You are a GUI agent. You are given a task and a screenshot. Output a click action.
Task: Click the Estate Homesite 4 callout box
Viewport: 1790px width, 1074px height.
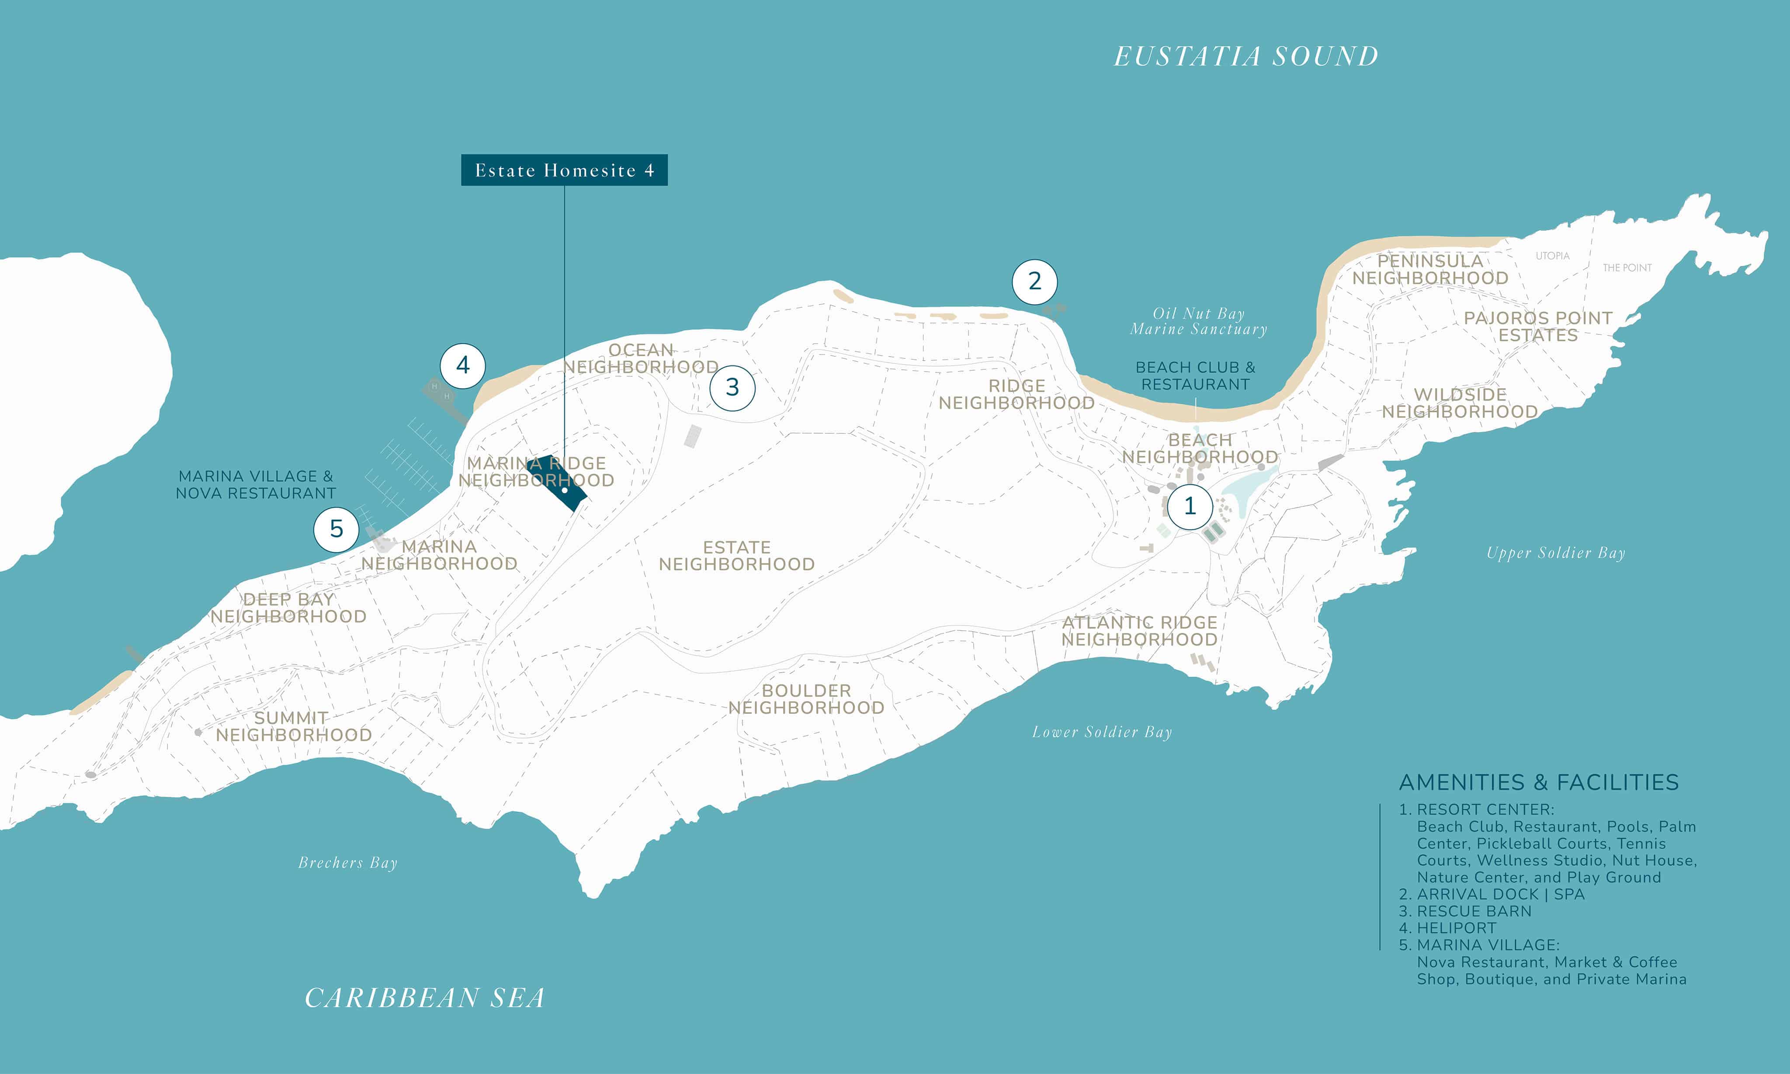(564, 170)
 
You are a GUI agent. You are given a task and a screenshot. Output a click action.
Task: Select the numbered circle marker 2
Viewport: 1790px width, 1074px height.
(1035, 282)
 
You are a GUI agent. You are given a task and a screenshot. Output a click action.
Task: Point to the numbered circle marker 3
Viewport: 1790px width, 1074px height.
(732, 388)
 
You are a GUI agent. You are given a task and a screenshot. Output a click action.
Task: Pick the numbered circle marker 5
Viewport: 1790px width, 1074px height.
(336, 529)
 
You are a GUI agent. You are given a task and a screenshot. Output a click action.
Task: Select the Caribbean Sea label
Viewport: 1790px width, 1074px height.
(425, 998)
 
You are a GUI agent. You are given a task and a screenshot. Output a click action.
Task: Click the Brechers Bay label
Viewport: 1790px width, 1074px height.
(348, 863)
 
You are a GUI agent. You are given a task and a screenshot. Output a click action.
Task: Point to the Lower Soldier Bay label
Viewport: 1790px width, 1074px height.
(1102, 733)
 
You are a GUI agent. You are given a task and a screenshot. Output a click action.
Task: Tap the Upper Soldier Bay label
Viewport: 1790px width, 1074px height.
(1556, 553)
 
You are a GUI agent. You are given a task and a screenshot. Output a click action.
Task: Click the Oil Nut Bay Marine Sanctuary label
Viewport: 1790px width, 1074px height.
(1199, 321)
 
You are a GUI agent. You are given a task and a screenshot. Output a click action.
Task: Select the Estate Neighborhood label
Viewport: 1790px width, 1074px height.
(736, 556)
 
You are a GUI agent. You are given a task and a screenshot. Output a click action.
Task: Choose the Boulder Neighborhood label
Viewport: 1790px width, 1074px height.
(806, 699)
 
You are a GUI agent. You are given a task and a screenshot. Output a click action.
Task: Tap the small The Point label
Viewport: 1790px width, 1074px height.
(1627, 268)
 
